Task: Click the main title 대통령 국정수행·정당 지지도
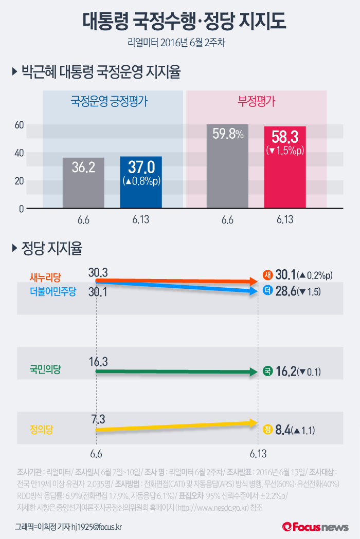click(x=179, y=21)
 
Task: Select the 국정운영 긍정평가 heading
click(x=109, y=101)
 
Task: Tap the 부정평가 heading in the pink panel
click(x=256, y=101)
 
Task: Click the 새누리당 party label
click(x=45, y=277)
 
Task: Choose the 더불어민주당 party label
click(x=53, y=291)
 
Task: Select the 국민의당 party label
click(x=45, y=369)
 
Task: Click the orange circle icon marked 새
click(x=267, y=275)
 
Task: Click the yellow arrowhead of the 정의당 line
click(x=253, y=423)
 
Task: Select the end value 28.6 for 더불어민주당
click(x=286, y=291)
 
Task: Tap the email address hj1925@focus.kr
click(x=97, y=527)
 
